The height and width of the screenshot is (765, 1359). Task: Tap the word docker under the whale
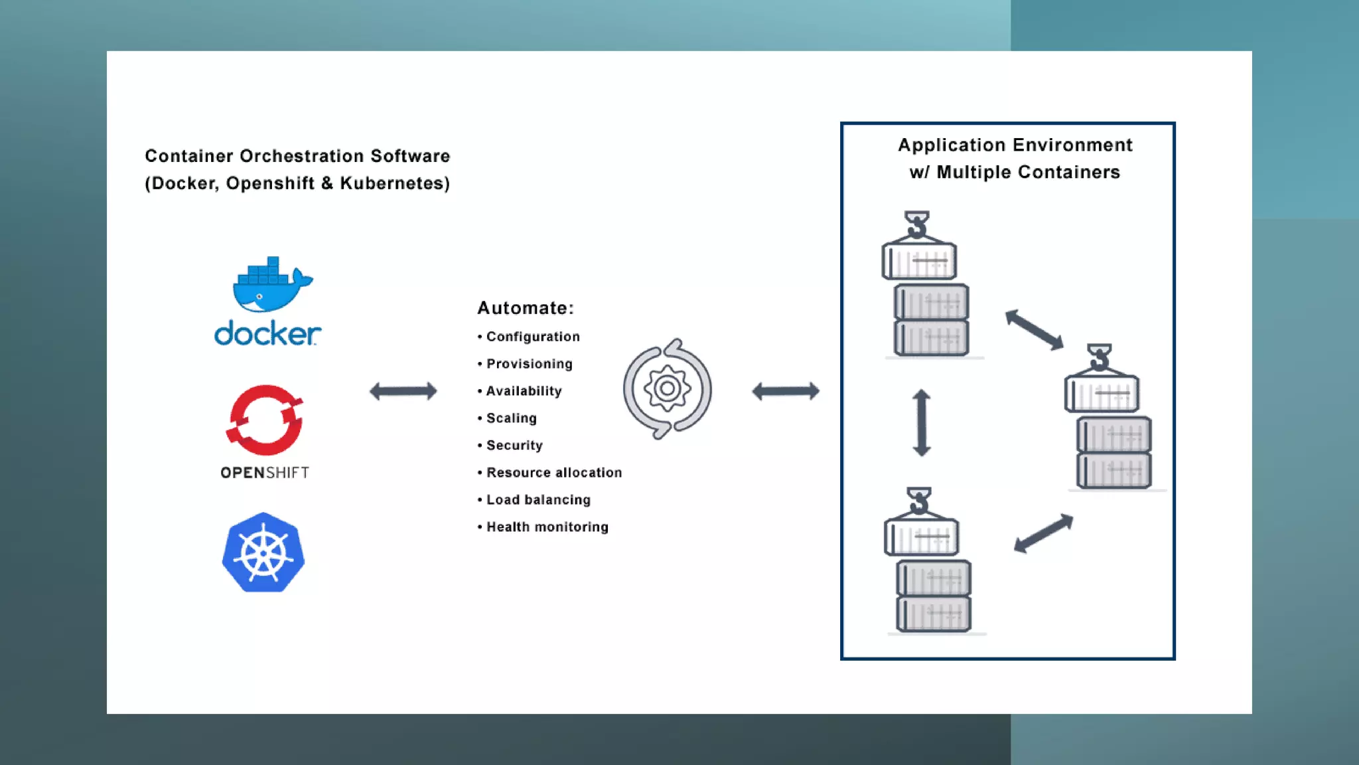[x=267, y=333]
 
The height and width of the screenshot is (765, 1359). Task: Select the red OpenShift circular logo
[x=265, y=420]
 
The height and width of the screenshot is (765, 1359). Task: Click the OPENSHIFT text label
[x=265, y=473]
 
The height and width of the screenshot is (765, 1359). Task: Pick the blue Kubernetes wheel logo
[x=263, y=552]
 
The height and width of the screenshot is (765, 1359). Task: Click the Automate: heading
[x=525, y=308]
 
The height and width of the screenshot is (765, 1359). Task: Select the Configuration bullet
[x=532, y=337]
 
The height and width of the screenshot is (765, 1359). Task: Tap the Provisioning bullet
[x=529, y=364]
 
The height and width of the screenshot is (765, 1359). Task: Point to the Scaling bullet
[x=511, y=418]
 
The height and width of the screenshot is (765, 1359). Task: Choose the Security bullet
[x=514, y=446]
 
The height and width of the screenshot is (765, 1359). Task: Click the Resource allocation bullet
[x=553, y=473]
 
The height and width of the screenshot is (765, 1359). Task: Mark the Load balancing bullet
[x=537, y=500]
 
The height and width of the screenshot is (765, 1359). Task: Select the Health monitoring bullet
[x=547, y=527]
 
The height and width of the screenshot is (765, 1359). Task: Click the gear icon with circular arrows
[x=667, y=389]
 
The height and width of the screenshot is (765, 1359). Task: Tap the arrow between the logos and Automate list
[x=403, y=391]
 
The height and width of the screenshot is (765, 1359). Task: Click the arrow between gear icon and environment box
[x=785, y=391]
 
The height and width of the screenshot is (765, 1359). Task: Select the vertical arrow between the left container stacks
[x=921, y=423]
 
